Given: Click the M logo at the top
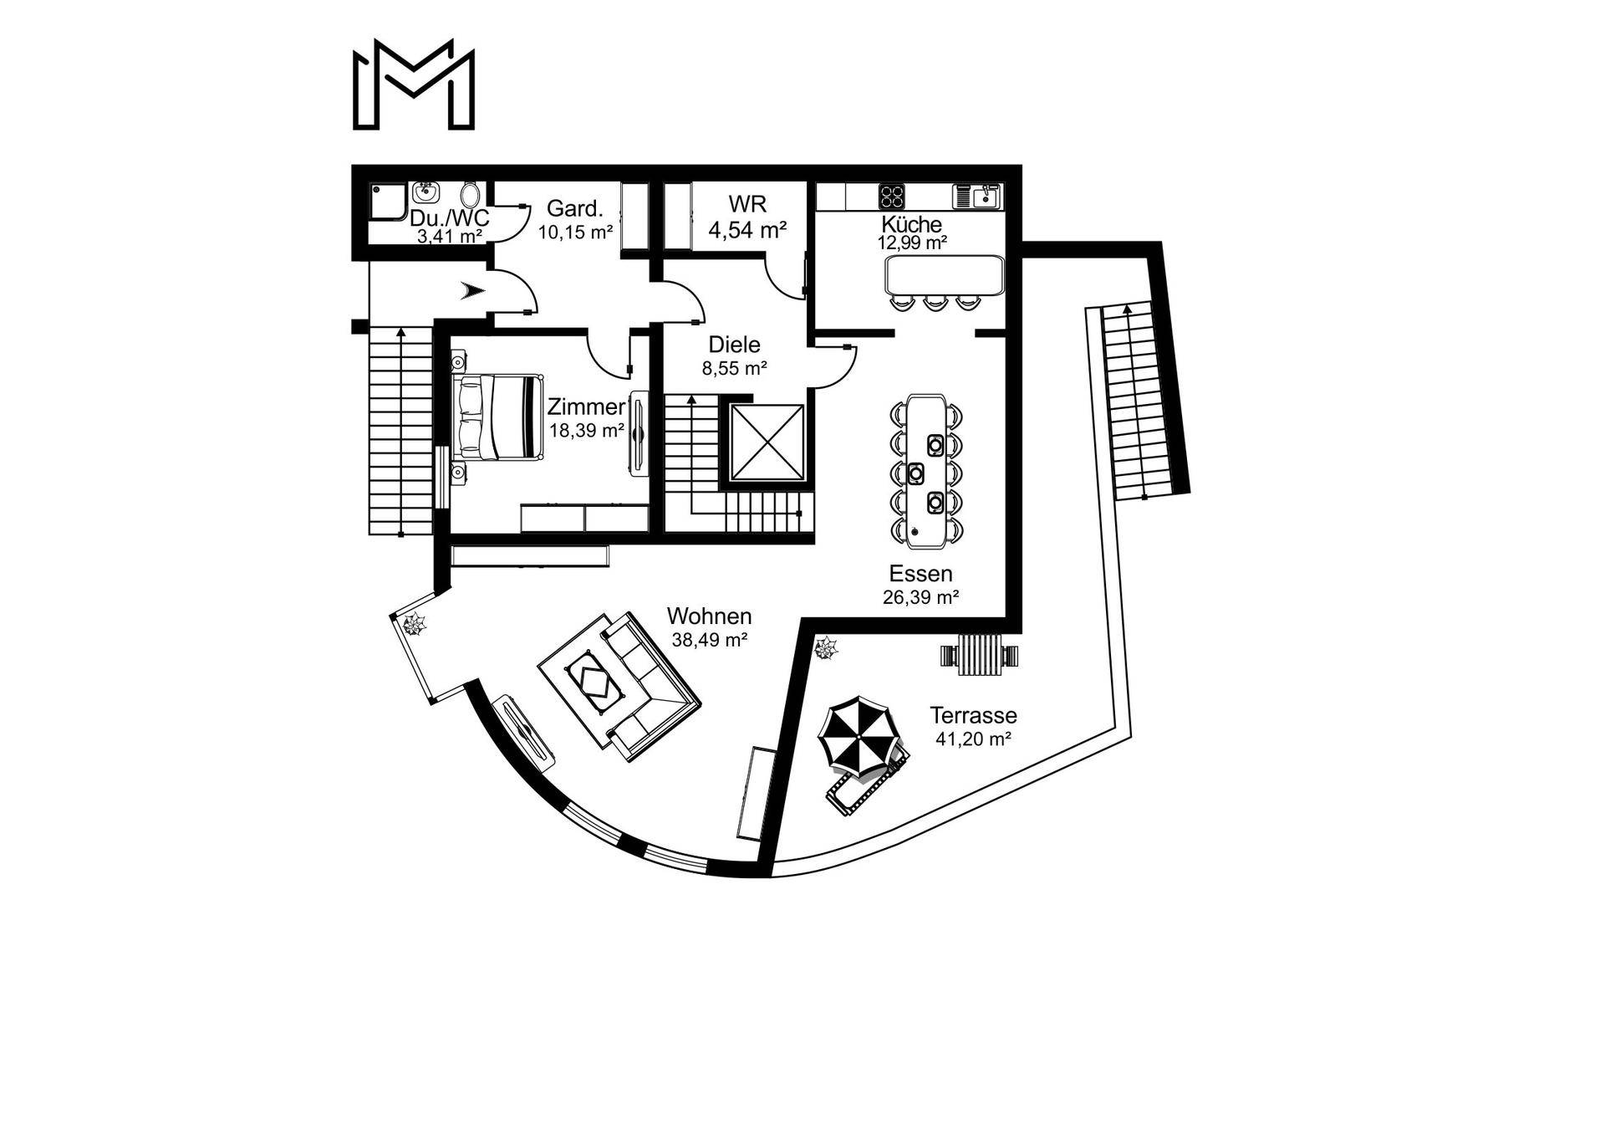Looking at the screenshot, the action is click(414, 85).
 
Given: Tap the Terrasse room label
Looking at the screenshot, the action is click(973, 716).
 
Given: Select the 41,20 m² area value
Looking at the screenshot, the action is click(973, 739).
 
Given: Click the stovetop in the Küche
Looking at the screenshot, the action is click(892, 197).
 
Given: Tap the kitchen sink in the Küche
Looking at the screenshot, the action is click(976, 197).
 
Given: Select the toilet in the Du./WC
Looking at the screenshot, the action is click(470, 195).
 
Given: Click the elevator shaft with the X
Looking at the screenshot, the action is click(766, 443).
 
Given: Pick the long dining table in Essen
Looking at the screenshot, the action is click(925, 471).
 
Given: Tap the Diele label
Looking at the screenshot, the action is click(734, 345).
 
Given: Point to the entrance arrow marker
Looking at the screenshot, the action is click(472, 291).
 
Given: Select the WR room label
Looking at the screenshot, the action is click(746, 205).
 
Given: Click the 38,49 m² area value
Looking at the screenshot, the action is click(709, 640).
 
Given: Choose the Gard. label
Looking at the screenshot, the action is click(574, 208).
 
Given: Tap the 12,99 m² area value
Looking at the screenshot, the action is click(911, 243).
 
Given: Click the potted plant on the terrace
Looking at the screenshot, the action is click(827, 647).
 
